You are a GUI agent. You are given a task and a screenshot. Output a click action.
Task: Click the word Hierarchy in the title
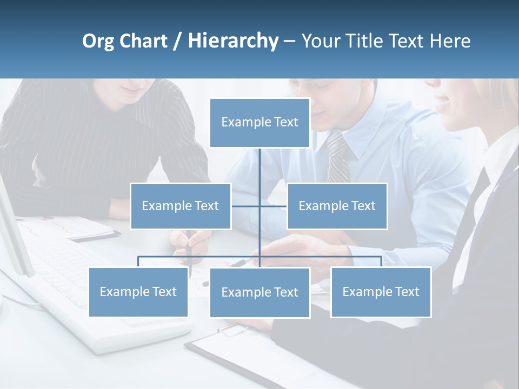pos(233,41)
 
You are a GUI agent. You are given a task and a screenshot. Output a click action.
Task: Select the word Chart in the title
pos(143,41)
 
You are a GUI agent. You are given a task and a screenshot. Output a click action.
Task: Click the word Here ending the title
pos(450,41)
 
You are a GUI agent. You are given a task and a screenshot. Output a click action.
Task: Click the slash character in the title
pos(177,42)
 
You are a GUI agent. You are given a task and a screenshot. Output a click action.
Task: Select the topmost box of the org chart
pos(259,123)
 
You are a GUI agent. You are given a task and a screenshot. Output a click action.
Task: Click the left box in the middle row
pos(181,206)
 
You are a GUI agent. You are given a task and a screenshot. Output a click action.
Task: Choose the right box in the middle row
pos(337,206)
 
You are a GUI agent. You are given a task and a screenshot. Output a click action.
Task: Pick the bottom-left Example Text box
pos(138,292)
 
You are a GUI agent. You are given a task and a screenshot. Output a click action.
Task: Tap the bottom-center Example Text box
pos(259,293)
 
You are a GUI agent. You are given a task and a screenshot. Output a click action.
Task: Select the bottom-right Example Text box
pos(381,292)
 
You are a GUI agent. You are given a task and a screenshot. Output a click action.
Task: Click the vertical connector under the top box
pos(259,167)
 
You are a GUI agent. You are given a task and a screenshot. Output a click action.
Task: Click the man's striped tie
pos(337,157)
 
